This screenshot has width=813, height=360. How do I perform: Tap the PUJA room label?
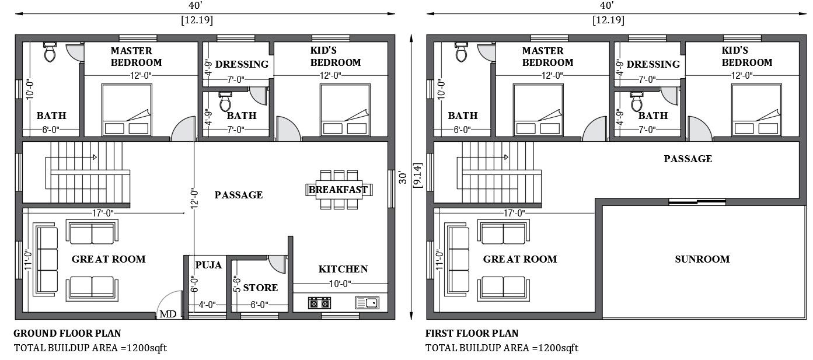coord(208,265)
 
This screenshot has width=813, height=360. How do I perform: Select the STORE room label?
coord(260,288)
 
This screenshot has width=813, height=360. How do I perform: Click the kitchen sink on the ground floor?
coord(367,303)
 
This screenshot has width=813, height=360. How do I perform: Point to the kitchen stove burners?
coord(319,303)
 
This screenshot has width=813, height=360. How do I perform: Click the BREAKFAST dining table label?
coord(339,190)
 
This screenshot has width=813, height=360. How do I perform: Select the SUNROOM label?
coord(702,259)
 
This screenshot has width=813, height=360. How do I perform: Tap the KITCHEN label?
coord(343,269)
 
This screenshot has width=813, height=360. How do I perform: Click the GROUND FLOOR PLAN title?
coord(67,334)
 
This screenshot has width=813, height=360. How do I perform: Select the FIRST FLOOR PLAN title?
coord(472,334)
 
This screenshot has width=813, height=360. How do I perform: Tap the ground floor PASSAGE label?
coord(238,195)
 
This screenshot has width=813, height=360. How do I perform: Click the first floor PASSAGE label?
coord(688,159)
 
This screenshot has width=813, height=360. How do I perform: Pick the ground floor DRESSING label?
coord(242,64)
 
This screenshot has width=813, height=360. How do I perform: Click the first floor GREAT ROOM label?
coord(519,259)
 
